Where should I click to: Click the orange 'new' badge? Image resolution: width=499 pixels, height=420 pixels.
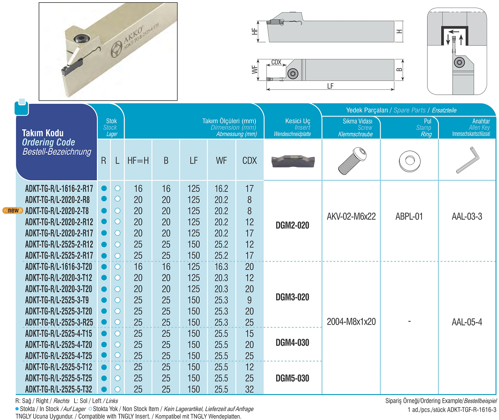click(13, 210)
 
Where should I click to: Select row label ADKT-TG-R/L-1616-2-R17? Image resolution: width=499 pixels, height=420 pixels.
click(59, 189)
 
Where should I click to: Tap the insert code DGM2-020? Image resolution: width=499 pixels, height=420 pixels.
click(292, 226)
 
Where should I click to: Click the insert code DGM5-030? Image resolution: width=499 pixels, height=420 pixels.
click(292, 378)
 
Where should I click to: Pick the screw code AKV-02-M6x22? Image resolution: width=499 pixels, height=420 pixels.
click(351, 217)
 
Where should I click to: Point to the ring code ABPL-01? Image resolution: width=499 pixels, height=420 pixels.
click(409, 217)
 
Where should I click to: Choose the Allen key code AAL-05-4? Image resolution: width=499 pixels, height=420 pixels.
click(467, 322)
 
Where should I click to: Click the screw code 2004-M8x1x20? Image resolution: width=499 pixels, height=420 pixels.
click(351, 322)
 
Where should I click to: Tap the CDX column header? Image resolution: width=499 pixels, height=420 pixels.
click(249, 160)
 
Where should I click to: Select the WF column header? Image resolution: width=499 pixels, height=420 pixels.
click(221, 160)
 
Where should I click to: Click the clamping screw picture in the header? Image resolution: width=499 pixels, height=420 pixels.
click(351, 161)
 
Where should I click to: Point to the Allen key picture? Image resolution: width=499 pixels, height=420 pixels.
click(468, 161)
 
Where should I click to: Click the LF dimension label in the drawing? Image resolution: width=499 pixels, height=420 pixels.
click(330, 86)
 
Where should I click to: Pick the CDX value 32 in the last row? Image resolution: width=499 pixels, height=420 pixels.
click(249, 389)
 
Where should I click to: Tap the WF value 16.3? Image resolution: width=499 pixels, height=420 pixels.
click(221, 267)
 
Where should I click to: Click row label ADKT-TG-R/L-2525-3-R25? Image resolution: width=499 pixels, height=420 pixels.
click(59, 322)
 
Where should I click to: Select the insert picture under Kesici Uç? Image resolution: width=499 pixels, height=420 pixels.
click(292, 161)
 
